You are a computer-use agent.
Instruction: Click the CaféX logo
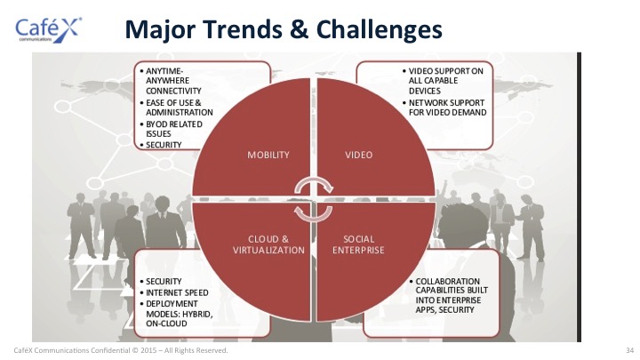point(48,29)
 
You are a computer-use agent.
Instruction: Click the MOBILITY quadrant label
point(268,155)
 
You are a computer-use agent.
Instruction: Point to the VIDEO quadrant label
point(359,155)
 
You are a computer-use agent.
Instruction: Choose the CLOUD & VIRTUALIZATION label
point(268,245)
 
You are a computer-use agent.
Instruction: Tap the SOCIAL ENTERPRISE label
point(358,245)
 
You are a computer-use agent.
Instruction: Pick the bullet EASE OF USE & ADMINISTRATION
point(176,108)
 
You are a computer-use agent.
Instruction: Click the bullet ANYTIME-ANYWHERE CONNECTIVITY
point(171,81)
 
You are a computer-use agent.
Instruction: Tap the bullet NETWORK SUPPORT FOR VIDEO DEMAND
point(444,108)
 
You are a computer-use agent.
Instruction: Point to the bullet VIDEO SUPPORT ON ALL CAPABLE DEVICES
point(443,81)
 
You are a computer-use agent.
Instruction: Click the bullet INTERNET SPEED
point(174,293)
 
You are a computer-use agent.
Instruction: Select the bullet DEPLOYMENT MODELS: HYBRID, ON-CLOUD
point(176,314)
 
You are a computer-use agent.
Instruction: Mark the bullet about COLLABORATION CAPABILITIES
point(449,296)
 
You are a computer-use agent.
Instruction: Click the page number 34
point(630,350)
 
